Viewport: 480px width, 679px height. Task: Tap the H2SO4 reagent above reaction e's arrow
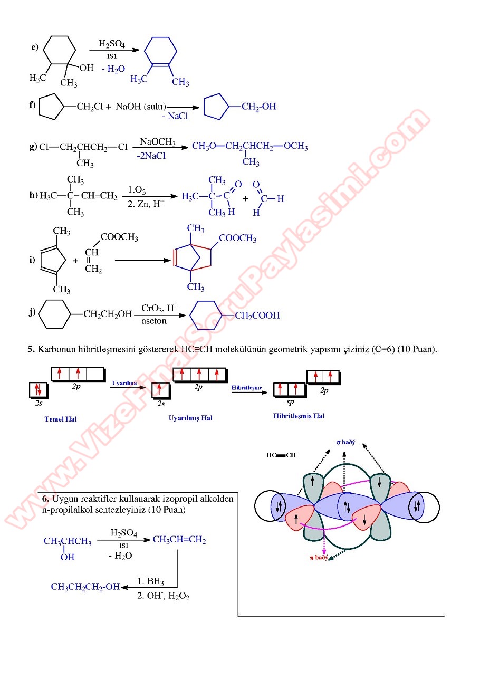(x=111, y=43)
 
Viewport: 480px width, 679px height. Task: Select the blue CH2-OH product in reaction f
(x=258, y=107)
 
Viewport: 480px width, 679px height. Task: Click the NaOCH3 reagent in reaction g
(x=157, y=142)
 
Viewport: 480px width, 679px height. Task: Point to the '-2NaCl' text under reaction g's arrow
(x=151, y=156)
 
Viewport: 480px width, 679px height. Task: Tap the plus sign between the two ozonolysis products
(x=245, y=199)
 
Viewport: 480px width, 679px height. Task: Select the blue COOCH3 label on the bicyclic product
(x=237, y=238)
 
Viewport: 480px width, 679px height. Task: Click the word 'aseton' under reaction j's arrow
(x=154, y=321)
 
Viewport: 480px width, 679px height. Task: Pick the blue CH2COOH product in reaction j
(x=257, y=315)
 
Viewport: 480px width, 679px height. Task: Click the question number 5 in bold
(x=31, y=349)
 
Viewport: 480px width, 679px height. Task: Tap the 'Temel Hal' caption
(x=61, y=419)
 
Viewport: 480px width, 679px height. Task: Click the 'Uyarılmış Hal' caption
(x=190, y=418)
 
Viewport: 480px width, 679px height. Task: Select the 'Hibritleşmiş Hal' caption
(x=299, y=416)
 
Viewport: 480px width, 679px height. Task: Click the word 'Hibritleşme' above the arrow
(x=246, y=388)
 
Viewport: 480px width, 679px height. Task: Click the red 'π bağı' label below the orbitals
(x=319, y=557)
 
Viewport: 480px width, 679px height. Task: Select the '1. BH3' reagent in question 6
(x=151, y=582)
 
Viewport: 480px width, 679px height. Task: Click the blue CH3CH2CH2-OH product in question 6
(x=85, y=587)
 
